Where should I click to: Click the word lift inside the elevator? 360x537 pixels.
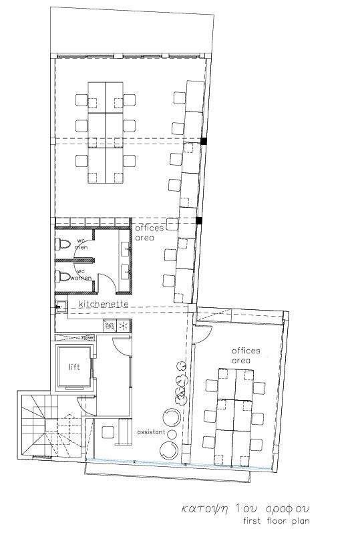(x=74, y=367)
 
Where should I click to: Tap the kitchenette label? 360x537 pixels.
(x=104, y=304)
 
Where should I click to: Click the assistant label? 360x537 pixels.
(x=151, y=432)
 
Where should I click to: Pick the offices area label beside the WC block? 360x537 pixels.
(x=149, y=232)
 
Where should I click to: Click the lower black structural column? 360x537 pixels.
(x=199, y=220)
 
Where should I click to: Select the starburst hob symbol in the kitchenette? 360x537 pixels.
(x=123, y=325)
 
